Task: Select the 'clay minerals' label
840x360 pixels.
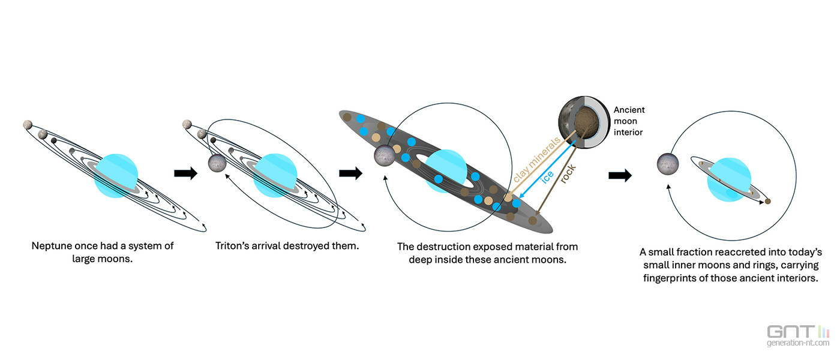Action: coord(536,159)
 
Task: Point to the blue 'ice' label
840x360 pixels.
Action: coord(547,176)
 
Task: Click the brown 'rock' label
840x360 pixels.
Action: coord(568,174)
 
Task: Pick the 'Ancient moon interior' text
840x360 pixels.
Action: coord(629,121)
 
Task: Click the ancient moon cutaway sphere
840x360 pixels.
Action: coord(584,122)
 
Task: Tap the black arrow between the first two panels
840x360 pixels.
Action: coord(185,173)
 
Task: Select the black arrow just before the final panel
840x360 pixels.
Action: coord(620,175)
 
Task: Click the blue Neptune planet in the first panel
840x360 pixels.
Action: coord(116,176)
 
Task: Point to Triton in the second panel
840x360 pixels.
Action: coord(217,163)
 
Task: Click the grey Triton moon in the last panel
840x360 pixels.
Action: coord(668,164)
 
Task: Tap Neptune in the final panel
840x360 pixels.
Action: coord(729,179)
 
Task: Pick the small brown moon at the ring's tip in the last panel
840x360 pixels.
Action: coord(767,202)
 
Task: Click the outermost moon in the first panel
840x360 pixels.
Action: coord(28,125)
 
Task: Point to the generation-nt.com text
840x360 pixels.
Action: coord(798,343)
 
